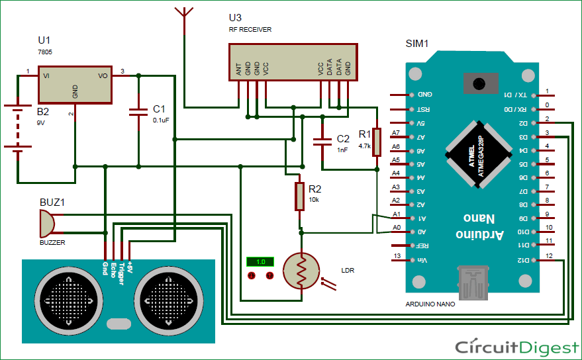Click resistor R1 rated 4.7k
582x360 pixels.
tap(376, 142)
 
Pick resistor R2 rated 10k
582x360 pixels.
tap(299, 197)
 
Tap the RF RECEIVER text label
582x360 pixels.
tap(250, 30)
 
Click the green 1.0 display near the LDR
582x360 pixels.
tap(260, 262)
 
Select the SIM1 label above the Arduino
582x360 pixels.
tap(417, 44)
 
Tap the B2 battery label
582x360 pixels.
tap(43, 112)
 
